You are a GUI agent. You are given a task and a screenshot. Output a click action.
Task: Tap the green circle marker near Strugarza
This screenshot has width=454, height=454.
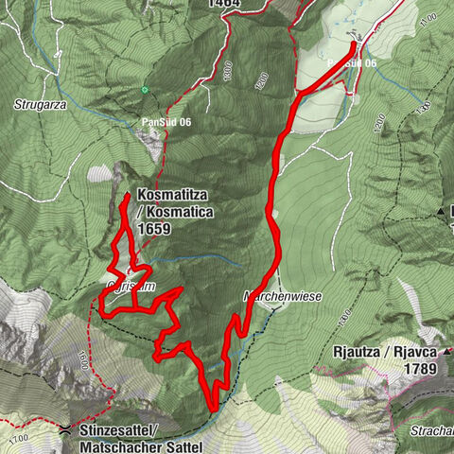tap(145, 90)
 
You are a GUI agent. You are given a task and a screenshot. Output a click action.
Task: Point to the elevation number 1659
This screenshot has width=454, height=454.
tap(155, 228)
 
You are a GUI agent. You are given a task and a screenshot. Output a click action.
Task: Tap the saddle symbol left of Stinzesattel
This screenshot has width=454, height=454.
tap(63, 430)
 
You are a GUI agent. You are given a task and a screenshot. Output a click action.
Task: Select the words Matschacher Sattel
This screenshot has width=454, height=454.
tap(141, 444)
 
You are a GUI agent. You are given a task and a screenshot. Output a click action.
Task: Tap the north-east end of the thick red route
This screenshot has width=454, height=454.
tap(354, 44)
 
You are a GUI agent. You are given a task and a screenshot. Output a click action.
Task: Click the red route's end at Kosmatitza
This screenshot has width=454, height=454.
tap(126, 197)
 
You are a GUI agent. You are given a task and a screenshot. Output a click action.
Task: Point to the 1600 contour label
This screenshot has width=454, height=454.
tap(84, 359)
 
